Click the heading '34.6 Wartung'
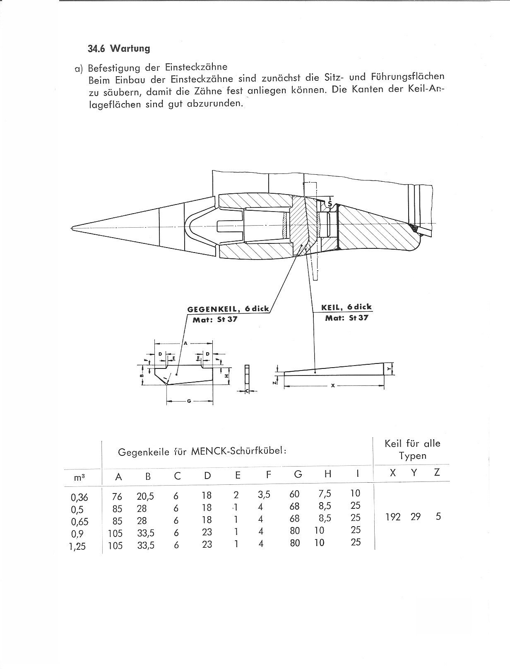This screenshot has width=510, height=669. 119,48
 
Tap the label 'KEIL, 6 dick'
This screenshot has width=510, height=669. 346,307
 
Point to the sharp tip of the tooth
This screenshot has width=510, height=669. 72,227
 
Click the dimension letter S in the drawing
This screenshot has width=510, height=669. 330,204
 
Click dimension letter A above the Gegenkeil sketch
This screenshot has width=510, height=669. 185,343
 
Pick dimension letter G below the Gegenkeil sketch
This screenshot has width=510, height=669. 189,401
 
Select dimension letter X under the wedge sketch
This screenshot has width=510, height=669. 333,386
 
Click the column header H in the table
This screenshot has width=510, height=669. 328,474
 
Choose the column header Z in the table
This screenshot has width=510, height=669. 437,472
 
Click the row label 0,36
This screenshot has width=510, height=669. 79,497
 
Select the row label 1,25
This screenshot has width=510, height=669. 77,546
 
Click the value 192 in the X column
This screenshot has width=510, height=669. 393,517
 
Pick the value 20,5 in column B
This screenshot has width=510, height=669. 145,496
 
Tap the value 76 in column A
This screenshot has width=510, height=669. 117,497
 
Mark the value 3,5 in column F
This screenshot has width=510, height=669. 264,494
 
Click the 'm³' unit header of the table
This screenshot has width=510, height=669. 79,477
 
